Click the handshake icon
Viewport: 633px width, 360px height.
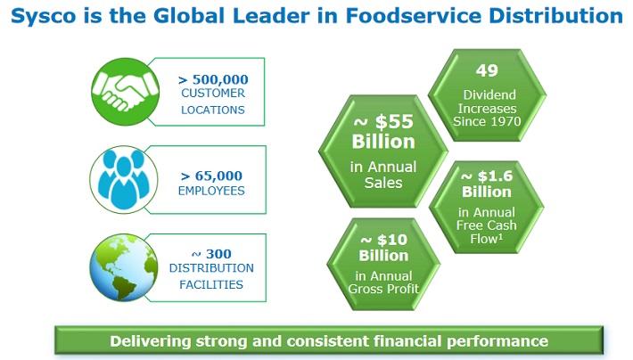pyautogui.click(x=125, y=92)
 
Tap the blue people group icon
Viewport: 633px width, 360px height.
pyautogui.click(x=124, y=180)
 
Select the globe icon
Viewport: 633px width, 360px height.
pyautogui.click(x=124, y=267)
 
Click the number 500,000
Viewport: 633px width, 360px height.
pyautogui.click(x=220, y=79)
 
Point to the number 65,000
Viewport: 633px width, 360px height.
pyautogui.click(x=218, y=176)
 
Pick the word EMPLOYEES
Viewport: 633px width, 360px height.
pyautogui.click(x=211, y=191)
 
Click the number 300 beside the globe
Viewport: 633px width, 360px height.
pyautogui.click(x=218, y=254)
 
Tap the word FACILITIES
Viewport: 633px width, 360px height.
pyautogui.click(x=211, y=285)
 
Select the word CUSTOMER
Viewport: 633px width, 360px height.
pyautogui.click(x=213, y=94)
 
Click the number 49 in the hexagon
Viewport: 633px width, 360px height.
pyautogui.click(x=487, y=70)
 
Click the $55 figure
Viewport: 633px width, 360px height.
pyautogui.click(x=394, y=121)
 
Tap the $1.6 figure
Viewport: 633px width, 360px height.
pyautogui.click(x=495, y=176)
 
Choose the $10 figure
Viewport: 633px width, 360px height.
pyautogui.click(x=392, y=240)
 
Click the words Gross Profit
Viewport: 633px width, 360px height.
pyautogui.click(x=383, y=289)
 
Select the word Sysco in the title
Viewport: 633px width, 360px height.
pyautogui.click(x=43, y=17)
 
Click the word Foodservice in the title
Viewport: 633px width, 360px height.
pyautogui.click(x=414, y=16)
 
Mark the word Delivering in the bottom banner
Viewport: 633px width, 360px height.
pyautogui.click(x=150, y=341)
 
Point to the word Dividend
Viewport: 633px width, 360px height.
pyautogui.click(x=489, y=94)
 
